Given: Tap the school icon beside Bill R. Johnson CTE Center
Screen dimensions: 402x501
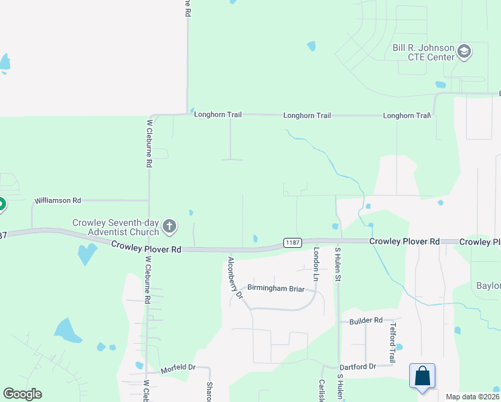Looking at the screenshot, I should pyautogui.click(x=464, y=51).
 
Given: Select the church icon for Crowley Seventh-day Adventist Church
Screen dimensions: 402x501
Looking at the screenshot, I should pyautogui.click(x=169, y=226).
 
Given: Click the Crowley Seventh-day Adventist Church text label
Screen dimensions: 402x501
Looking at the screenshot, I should pyautogui.click(x=116, y=227).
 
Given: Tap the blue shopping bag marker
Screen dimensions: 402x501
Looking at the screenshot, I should pyautogui.click(x=423, y=376).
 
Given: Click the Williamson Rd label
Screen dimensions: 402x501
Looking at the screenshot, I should pyautogui.click(x=58, y=200).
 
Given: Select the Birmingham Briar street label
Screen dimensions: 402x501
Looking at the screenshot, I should pyautogui.click(x=276, y=289).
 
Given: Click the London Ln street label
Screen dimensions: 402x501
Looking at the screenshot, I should pyautogui.click(x=317, y=263).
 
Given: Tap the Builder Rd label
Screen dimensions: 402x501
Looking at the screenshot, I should pyautogui.click(x=365, y=321).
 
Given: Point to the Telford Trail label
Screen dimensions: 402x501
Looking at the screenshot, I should pyautogui.click(x=394, y=339).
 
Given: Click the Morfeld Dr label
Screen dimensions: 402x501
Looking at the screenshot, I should pyautogui.click(x=177, y=369).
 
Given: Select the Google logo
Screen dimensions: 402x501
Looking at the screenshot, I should pyautogui.click(x=22, y=394).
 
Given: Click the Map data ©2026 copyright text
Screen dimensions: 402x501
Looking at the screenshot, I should pyautogui.click(x=471, y=397).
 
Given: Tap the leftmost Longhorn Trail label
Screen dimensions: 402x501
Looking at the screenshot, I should pyautogui.click(x=218, y=115).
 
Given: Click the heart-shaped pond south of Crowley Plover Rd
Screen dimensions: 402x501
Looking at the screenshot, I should pyautogui.click(x=86, y=253).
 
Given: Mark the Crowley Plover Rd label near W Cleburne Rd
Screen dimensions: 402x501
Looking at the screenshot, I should pyautogui.click(x=147, y=248).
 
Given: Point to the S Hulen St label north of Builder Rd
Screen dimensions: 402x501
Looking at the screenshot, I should pyautogui.click(x=338, y=265).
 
